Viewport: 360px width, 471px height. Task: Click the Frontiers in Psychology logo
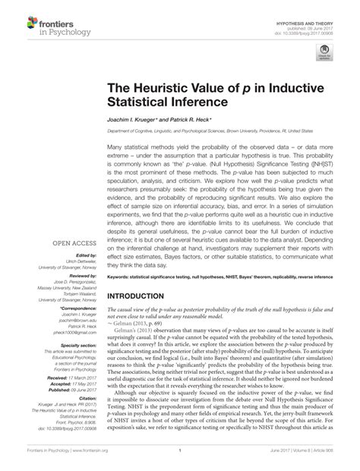(33, 26)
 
